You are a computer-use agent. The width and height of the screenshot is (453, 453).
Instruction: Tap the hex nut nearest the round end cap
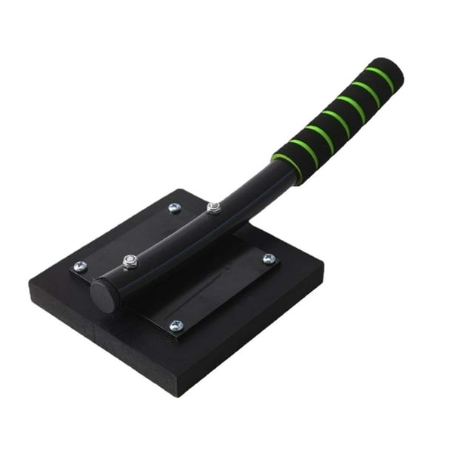coord(130,261)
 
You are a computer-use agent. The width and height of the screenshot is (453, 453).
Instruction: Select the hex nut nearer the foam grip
coord(214,208)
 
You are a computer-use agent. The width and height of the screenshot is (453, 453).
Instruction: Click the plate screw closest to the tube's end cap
coord(80,266)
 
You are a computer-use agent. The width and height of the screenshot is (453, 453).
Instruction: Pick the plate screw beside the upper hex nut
coord(175,208)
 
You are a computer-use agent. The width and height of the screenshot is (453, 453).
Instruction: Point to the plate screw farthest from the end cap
coord(269,259)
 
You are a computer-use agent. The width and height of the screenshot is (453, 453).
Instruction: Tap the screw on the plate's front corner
coord(175,326)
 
